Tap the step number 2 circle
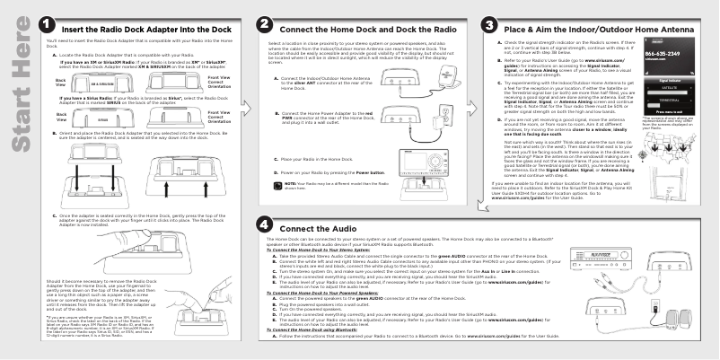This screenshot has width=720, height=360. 265,28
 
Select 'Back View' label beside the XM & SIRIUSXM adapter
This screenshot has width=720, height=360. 50,82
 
